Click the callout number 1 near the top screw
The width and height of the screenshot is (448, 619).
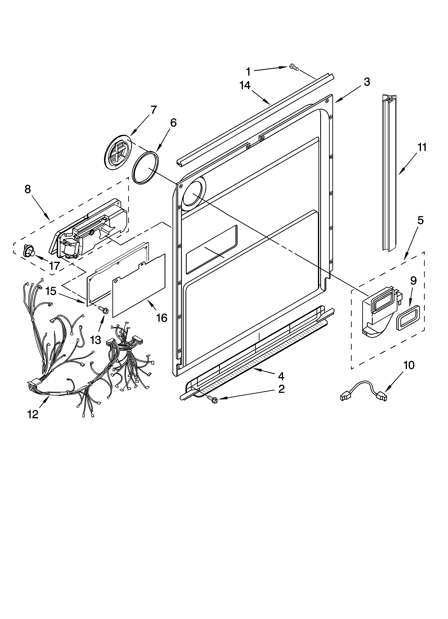(x=248, y=72)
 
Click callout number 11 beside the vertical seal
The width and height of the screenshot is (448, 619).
(x=422, y=147)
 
